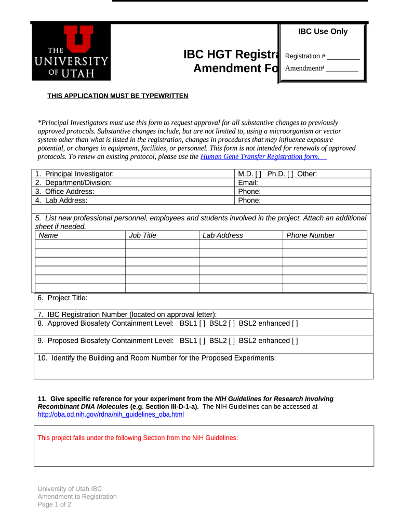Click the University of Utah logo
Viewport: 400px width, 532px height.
[71, 52]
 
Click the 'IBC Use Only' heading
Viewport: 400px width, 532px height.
[323, 32]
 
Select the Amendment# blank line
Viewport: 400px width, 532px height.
[342, 69]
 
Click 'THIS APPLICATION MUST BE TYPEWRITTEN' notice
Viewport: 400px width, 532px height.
[118, 96]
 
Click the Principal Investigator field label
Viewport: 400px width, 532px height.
[74, 174]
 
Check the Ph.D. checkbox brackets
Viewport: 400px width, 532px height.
[290, 174]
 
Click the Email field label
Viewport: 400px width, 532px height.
[248, 183]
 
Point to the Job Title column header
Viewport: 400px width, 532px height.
[142, 235]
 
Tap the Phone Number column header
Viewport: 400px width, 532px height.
[311, 235]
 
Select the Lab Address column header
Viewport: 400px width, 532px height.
[222, 235]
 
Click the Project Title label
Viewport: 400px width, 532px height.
[62, 298]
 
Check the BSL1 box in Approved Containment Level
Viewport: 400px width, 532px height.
[202, 324]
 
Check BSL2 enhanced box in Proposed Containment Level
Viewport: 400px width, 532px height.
[295, 341]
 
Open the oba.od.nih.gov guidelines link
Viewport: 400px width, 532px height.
[111, 415]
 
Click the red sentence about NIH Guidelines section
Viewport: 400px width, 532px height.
[138, 438]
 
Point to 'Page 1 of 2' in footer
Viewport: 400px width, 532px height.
[54, 504]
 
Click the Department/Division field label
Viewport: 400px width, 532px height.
[73, 183]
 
